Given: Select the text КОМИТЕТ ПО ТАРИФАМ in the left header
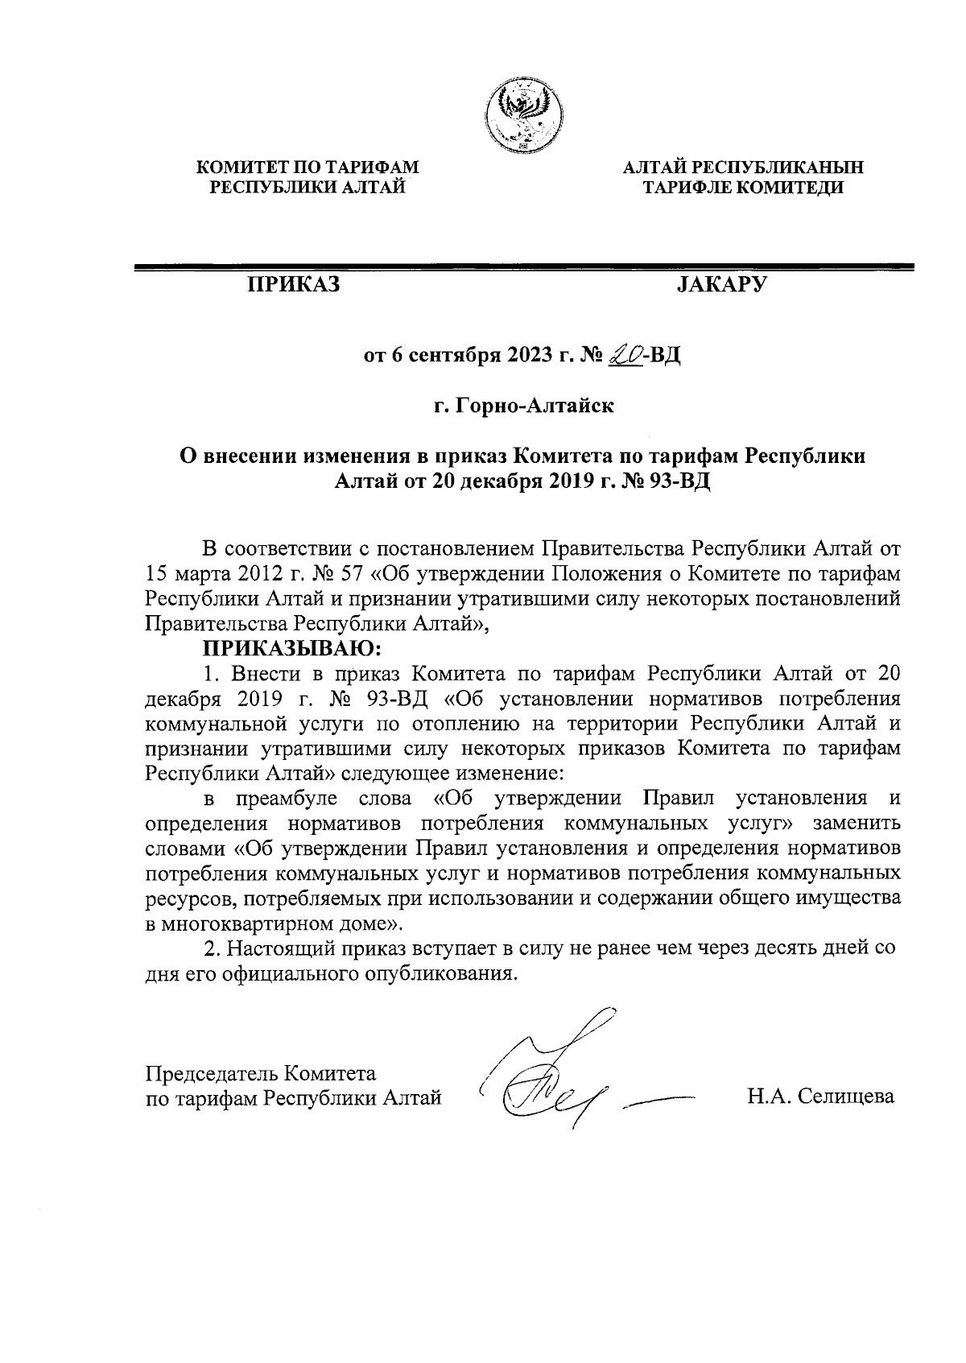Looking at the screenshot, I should pos(309,168).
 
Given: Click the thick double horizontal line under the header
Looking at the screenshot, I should pos(524,266).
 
